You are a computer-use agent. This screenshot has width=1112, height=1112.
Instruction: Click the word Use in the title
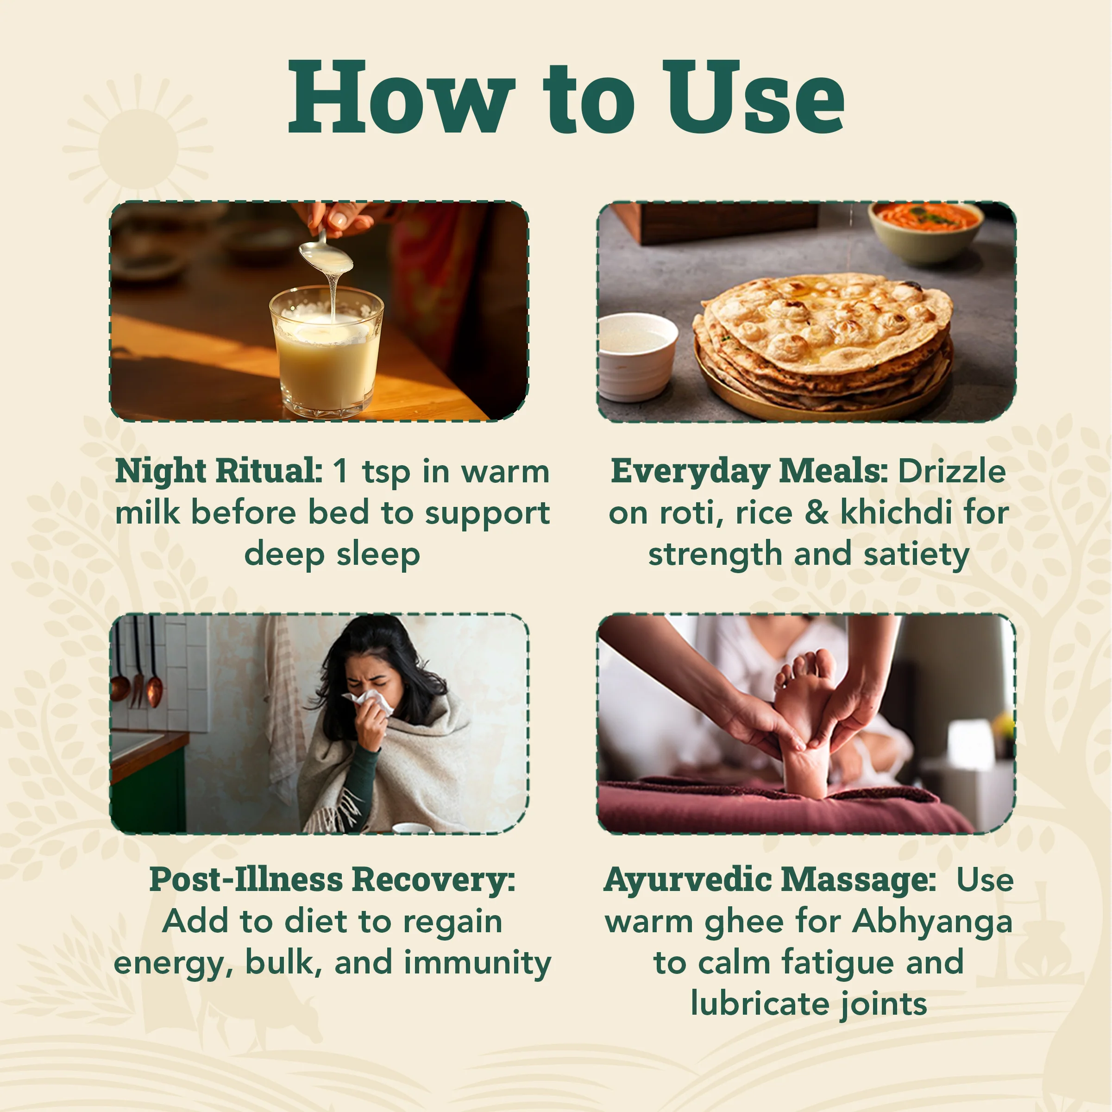point(754,96)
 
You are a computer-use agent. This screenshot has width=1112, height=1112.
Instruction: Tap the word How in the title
point(401,96)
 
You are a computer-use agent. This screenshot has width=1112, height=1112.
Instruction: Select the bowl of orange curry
point(925,231)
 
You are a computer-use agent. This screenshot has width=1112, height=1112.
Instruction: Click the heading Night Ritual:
point(219,471)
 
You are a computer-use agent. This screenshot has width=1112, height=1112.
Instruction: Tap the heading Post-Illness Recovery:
point(332,880)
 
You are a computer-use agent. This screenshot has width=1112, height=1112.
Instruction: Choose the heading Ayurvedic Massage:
point(770,880)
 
